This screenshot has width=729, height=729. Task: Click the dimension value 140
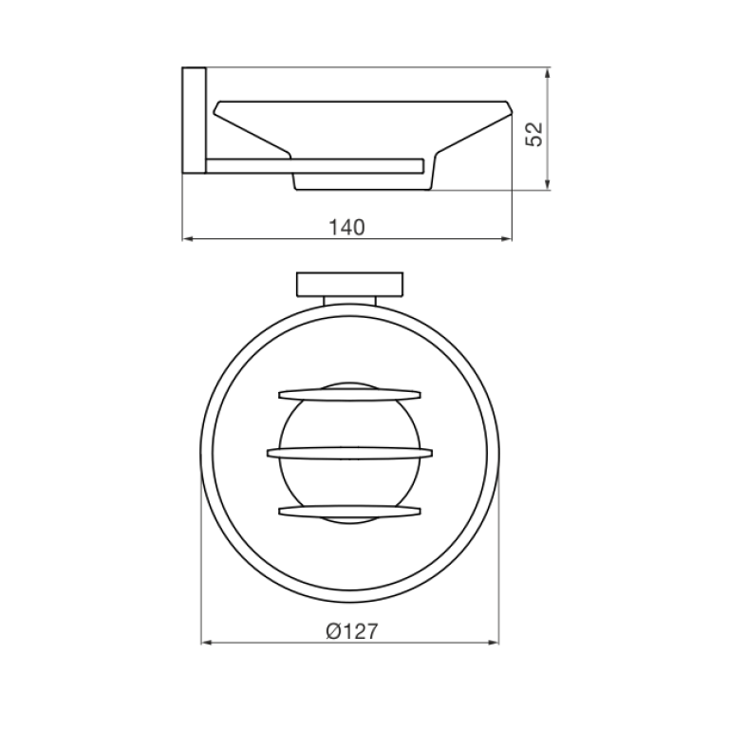coord(346,228)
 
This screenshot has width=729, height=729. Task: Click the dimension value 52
coord(534,134)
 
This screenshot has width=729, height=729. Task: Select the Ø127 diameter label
coord(352,631)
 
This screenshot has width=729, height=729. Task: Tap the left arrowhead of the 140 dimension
coord(187,239)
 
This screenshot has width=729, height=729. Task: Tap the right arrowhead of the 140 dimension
coord(506,239)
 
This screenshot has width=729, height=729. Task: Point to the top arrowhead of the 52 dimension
coord(548,73)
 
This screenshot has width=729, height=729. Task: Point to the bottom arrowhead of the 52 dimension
coord(548,184)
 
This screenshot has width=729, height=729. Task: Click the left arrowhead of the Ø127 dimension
coord(206,643)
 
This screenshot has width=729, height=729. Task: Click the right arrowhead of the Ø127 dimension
coord(494,643)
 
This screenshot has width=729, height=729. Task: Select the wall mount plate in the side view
coord(194,121)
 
